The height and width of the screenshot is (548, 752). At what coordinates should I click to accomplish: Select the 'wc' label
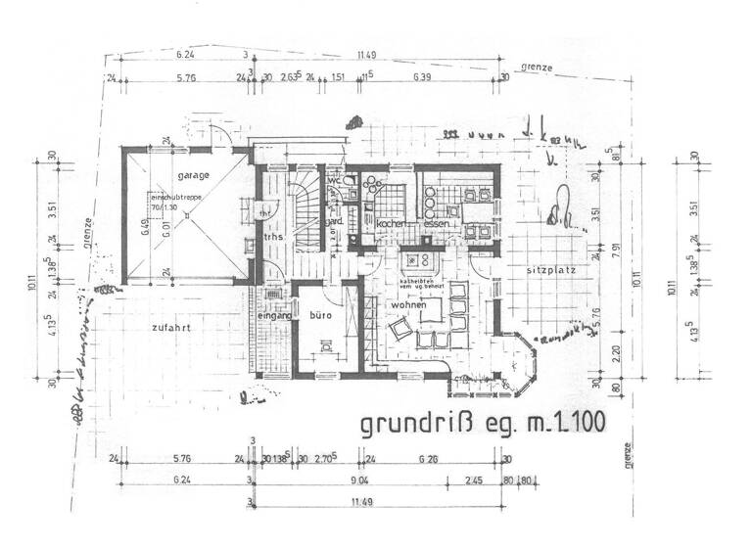point(334,181)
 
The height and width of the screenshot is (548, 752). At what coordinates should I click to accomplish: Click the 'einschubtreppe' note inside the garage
point(170,198)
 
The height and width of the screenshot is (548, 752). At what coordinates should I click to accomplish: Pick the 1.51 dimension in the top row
point(338,75)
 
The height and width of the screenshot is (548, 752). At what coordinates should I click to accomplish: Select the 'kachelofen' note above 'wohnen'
point(421,285)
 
